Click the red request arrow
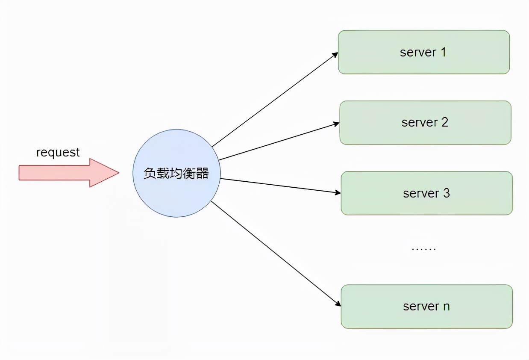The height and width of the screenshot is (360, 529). (64, 173)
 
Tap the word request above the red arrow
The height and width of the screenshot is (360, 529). (58, 152)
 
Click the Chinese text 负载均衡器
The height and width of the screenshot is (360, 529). (176, 174)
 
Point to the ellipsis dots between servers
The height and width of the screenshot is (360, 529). (423, 248)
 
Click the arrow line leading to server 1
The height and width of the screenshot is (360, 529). (273, 100)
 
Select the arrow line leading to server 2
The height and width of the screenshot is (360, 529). (278, 142)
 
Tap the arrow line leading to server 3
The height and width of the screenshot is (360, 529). (280, 186)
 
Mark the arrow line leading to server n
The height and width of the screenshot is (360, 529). (276, 253)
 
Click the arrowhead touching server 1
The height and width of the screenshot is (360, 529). (335, 54)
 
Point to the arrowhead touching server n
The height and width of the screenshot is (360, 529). (338, 304)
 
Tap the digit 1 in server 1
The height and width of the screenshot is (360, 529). (443, 52)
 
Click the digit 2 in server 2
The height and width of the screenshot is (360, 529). (444, 123)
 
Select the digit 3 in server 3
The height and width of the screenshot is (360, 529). (446, 193)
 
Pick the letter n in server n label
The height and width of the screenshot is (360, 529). (446, 307)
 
